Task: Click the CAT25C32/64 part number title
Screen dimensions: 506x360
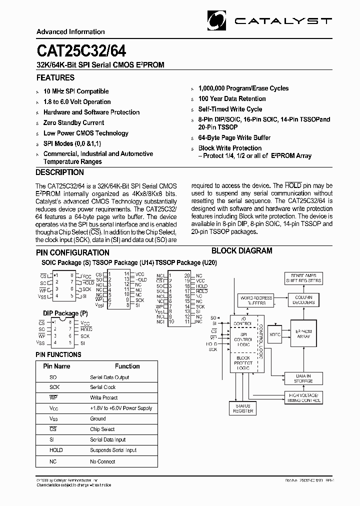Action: [81, 51]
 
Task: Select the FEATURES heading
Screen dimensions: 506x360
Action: [55, 78]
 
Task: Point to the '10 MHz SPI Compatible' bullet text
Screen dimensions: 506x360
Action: [76, 91]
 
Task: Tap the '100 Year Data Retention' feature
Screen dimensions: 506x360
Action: [232, 99]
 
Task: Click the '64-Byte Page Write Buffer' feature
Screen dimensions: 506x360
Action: [234, 138]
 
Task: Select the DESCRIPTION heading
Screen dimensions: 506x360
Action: [60, 172]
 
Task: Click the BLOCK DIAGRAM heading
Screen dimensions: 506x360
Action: [241, 251]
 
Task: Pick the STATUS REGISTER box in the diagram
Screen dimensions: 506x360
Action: [243, 408]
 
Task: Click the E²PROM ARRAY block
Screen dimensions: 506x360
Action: [303, 333]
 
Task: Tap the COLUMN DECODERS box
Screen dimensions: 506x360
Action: [303, 300]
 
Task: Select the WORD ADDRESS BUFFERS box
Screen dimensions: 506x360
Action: [256, 300]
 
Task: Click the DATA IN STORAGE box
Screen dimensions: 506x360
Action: [303, 378]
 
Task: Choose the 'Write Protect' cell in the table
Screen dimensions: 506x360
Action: [104, 398]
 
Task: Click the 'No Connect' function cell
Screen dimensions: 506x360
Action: [102, 461]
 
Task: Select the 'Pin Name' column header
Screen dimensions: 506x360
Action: [56, 366]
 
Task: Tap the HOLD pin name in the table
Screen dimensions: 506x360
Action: [56, 450]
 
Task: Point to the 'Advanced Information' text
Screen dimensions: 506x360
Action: [70, 31]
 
